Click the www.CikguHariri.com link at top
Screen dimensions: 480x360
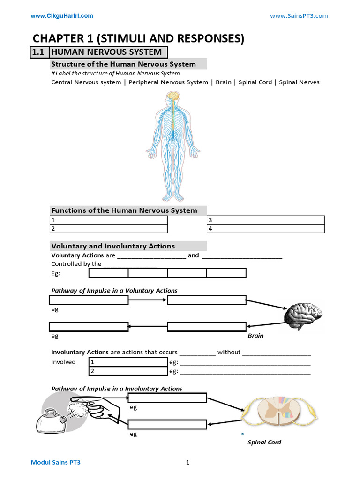62,16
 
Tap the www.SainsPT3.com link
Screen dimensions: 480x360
299,16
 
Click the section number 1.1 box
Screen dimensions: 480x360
38,52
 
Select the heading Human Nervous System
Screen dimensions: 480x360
106,52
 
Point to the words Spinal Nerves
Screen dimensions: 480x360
299,82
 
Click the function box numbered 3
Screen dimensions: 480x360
266,220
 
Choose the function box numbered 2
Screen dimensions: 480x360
109,229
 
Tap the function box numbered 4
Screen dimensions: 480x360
266,229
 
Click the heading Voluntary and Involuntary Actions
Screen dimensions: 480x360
113,246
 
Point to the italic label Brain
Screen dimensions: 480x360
255,336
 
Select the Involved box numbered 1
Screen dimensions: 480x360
128,362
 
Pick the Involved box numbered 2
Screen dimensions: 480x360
128,371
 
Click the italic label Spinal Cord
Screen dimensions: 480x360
264,442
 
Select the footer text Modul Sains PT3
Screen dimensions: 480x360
59,463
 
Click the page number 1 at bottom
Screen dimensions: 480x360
187,463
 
